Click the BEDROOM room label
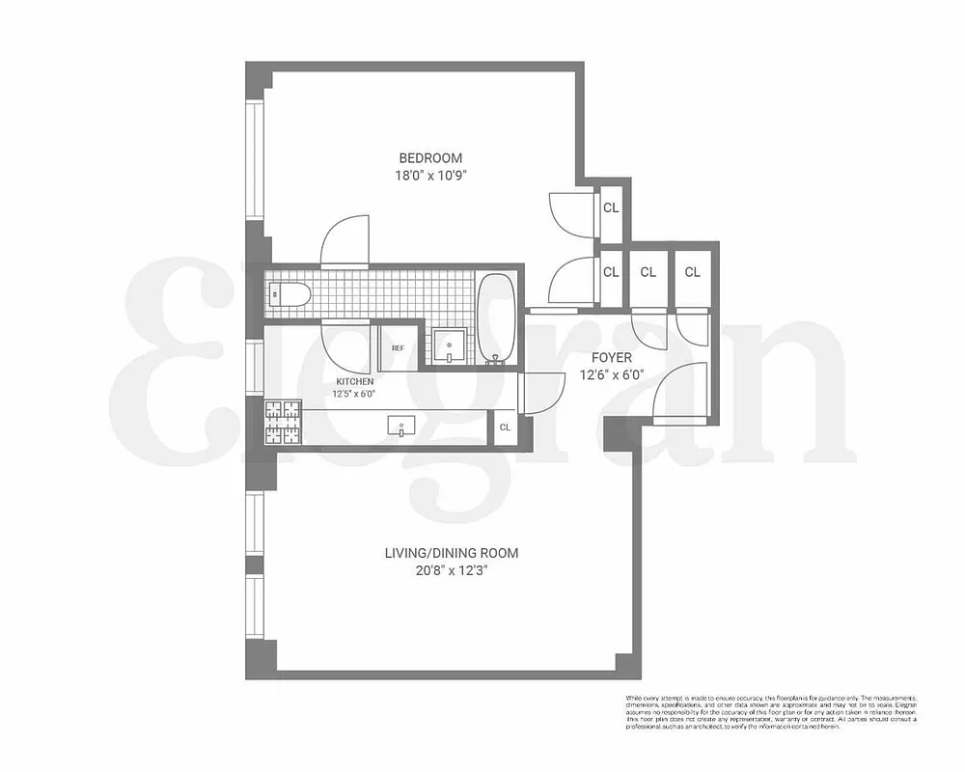(x=430, y=158)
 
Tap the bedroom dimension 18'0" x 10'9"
(x=430, y=177)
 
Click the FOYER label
(x=612, y=358)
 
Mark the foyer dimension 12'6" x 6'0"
(x=612, y=375)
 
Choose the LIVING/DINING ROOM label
(x=452, y=553)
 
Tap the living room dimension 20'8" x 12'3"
(x=452, y=570)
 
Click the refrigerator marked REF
(x=398, y=348)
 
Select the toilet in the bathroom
(x=287, y=295)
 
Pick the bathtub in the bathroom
(x=497, y=319)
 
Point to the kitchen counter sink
(x=400, y=425)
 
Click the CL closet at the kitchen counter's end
(x=506, y=427)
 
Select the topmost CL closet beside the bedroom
(x=611, y=208)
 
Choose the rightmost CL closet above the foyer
(x=692, y=272)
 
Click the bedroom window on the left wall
(x=255, y=160)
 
